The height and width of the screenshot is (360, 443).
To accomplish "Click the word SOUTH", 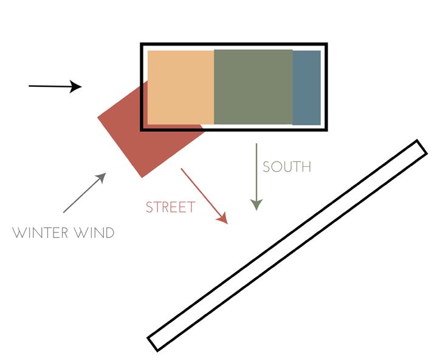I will [x=286, y=167].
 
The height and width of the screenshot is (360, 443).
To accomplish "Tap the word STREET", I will [x=170, y=208].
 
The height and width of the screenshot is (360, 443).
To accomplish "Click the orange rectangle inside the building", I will [x=180, y=87].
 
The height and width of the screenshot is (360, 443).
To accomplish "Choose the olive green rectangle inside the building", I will [x=253, y=87].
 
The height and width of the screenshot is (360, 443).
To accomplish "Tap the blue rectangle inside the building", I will [x=306, y=87].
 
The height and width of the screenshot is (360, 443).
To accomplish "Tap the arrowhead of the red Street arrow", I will [x=223, y=219].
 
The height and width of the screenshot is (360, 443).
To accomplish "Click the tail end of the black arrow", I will [x=30, y=86].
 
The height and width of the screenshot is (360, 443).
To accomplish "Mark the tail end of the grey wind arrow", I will [x=64, y=212].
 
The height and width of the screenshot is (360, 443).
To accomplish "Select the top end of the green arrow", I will [x=256, y=144].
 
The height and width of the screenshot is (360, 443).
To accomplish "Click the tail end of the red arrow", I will [x=182, y=169].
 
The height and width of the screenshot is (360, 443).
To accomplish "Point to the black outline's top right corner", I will [x=326, y=44].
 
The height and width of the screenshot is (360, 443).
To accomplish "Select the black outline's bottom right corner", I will [x=326, y=129].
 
